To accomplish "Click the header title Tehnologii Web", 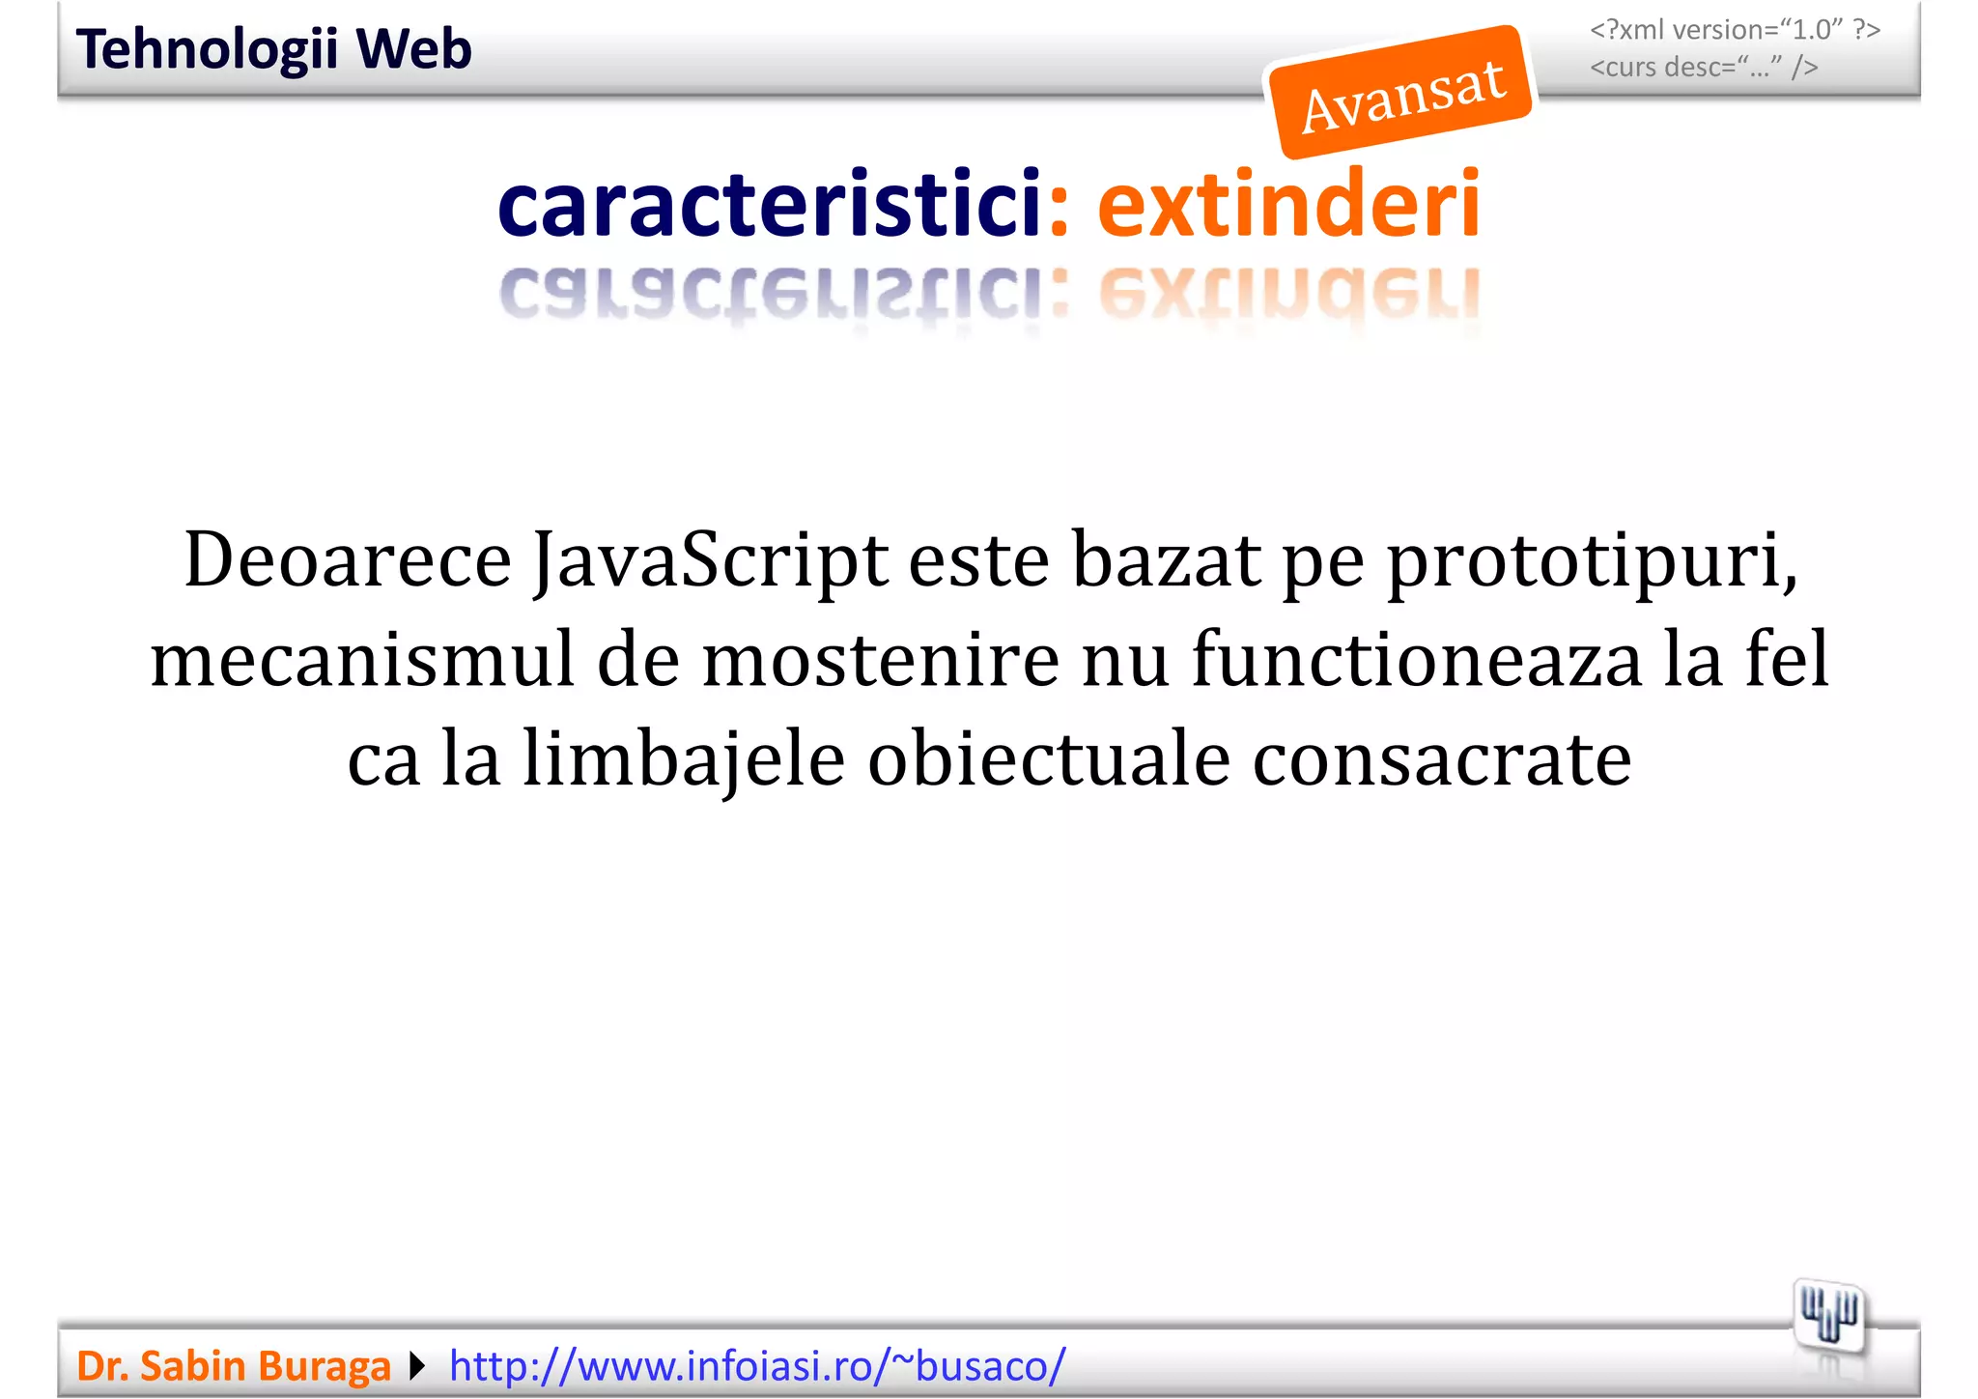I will [273, 49].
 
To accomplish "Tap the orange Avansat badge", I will [1401, 94].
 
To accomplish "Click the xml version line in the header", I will [1735, 30].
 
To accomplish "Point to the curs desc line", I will [1704, 68].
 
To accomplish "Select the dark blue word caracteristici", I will [770, 204].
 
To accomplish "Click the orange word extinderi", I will [1288, 204].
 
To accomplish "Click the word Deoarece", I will [348, 560].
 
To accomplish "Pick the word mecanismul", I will [362, 660].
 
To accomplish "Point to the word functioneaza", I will [1416, 660].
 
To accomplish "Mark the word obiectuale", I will [1048, 760].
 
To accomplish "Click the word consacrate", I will [1442, 760].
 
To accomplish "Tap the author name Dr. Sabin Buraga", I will [234, 1366].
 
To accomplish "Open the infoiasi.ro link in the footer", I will [757, 1366].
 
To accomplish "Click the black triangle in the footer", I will [417, 1366].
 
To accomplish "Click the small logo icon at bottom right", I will [1828, 1315].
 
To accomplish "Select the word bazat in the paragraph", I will [1166, 560].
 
